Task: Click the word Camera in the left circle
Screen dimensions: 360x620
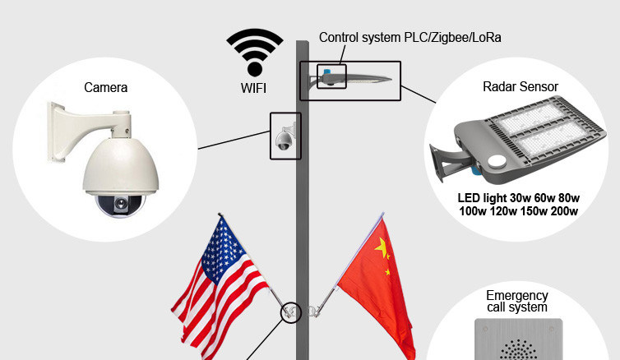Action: point(106,87)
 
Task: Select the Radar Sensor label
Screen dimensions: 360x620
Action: point(521,86)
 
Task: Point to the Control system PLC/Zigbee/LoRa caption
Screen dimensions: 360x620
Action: point(409,38)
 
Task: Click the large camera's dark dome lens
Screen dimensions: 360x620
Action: point(116,202)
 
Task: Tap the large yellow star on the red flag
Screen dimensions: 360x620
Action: point(381,247)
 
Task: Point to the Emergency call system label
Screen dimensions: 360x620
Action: point(516,302)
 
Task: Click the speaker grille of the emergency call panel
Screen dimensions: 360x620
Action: point(516,349)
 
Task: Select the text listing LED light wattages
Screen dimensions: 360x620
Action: point(518,205)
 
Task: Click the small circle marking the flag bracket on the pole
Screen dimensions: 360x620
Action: point(289,313)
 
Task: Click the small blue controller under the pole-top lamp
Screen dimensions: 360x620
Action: point(328,80)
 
